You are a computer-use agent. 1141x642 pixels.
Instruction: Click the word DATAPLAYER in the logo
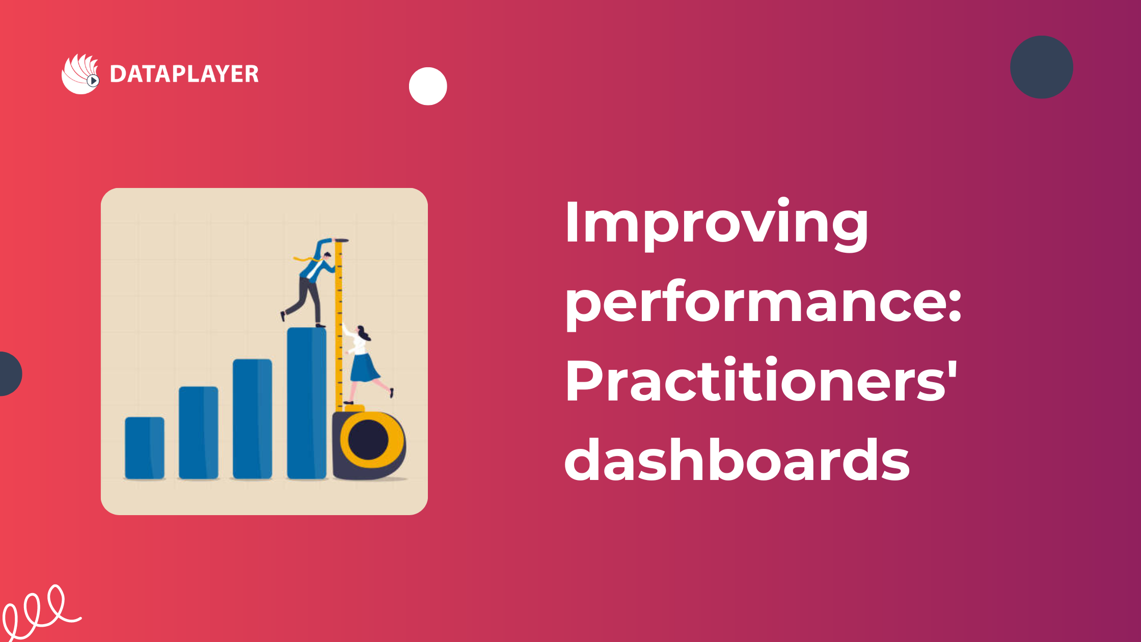pos(184,74)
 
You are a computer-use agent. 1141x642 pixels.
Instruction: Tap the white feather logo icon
pos(80,74)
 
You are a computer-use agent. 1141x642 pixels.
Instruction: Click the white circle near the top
pos(428,86)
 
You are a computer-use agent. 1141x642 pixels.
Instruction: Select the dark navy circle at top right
pos(1042,67)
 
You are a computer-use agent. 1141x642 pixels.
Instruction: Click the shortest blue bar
pos(145,448)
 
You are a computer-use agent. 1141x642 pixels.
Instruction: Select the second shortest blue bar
pos(199,433)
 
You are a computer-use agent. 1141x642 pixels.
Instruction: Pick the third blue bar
pos(253,419)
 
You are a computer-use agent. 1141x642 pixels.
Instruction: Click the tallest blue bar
pos(307,403)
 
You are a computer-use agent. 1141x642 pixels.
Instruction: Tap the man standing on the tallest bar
pos(311,283)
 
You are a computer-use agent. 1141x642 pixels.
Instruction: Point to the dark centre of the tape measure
pos(368,440)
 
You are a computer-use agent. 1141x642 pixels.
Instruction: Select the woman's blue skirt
pos(364,368)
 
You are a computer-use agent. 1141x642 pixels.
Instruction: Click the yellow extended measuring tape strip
pos(339,324)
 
